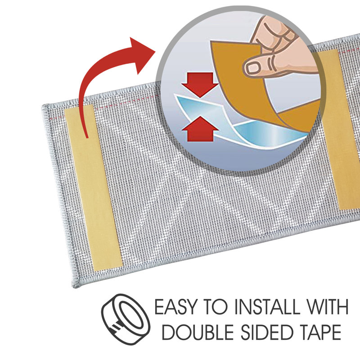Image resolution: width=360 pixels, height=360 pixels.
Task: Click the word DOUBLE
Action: (198, 332)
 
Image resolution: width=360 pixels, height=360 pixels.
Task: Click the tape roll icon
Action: (126, 318)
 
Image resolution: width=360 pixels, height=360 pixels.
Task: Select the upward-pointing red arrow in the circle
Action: (200, 129)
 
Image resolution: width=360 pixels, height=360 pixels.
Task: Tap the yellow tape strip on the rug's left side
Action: (94, 187)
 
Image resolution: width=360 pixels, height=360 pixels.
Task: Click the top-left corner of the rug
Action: (43, 106)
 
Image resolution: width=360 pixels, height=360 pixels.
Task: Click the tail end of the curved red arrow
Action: (87, 137)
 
